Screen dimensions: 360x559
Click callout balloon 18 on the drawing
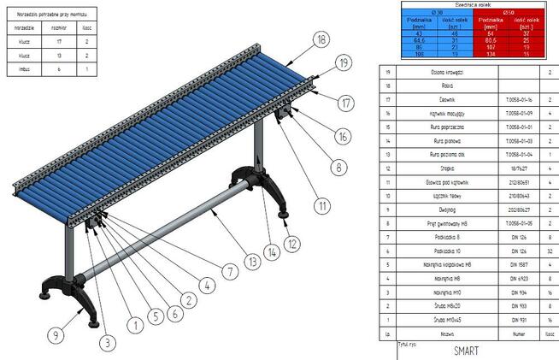coord(321,39)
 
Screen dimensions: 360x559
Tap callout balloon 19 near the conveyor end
coord(344,62)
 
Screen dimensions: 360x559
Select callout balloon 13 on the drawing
coord(253,261)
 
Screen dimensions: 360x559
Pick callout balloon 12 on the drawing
coord(293,243)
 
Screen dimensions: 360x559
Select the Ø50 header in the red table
coord(509,11)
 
